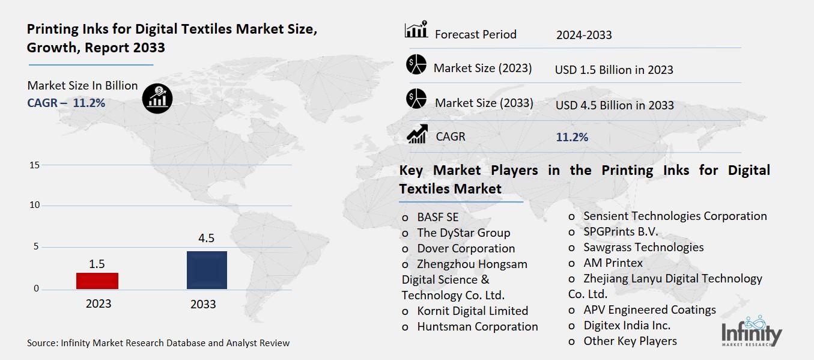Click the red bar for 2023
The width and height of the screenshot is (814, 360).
click(98, 281)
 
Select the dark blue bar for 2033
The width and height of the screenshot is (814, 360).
click(207, 270)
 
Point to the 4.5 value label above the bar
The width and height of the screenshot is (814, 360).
click(206, 238)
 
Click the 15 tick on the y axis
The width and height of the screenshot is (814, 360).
click(34, 165)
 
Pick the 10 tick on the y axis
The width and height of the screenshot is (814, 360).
click(34, 206)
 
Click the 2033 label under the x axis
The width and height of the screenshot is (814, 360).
click(203, 304)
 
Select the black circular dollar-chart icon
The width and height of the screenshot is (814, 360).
click(157, 98)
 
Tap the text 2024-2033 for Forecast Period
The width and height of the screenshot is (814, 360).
click(584, 35)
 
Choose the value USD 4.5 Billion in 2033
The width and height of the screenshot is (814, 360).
click(615, 105)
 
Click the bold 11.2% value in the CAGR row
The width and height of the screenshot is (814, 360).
click(572, 138)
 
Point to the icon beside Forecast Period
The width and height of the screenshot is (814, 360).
click(416, 29)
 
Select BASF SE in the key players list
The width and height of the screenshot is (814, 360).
click(437, 217)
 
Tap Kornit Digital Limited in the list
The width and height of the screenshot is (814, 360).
click(472, 311)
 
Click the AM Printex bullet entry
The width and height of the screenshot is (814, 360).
click(613, 263)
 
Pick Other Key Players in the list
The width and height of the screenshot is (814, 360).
click(630, 341)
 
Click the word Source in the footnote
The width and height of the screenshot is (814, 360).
click(41, 343)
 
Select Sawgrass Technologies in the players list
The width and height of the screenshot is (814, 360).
click(643, 247)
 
